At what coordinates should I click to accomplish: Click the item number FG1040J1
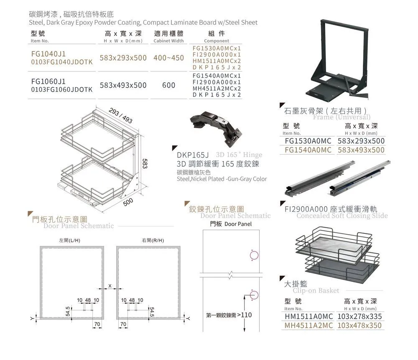(x=48, y=54)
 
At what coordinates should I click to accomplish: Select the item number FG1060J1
(x=48, y=81)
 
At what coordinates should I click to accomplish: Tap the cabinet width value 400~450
(x=169, y=58)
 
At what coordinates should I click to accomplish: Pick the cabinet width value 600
(x=168, y=85)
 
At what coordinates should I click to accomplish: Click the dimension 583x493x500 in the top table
(x=123, y=85)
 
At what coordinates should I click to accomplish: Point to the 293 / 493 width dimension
(x=121, y=116)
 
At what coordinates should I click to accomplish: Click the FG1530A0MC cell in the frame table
(x=308, y=141)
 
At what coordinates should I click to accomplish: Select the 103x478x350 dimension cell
(x=359, y=325)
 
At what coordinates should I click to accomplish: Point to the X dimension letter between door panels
(x=110, y=285)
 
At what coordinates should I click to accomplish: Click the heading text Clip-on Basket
(x=316, y=290)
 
